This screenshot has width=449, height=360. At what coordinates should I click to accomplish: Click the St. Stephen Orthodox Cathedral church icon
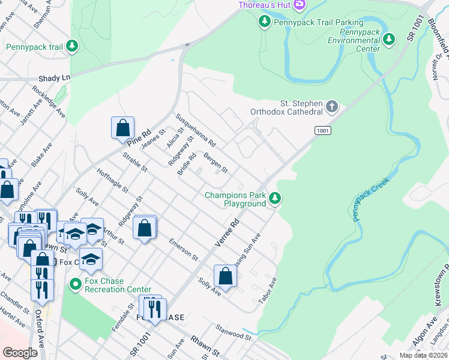pos(332,107)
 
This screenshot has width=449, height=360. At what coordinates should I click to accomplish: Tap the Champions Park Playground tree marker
pos(275,197)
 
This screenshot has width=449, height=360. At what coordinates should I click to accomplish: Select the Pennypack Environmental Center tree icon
pos(390,39)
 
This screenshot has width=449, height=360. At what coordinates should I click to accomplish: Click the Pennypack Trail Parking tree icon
pos(264,22)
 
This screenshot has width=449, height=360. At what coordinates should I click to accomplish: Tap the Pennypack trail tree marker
pos(72,46)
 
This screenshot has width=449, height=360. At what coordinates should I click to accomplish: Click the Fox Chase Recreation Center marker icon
pos(75,283)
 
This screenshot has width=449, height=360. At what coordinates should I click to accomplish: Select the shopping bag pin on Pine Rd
pos(122,127)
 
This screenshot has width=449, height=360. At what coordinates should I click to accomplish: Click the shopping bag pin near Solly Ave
pos(225,275)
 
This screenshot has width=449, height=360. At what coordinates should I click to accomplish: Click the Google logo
pos(20,352)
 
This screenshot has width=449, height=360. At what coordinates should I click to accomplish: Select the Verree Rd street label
pos(227,233)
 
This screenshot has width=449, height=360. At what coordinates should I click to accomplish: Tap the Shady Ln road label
pos(54,78)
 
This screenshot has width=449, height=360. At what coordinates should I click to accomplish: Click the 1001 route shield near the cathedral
pos(322,130)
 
